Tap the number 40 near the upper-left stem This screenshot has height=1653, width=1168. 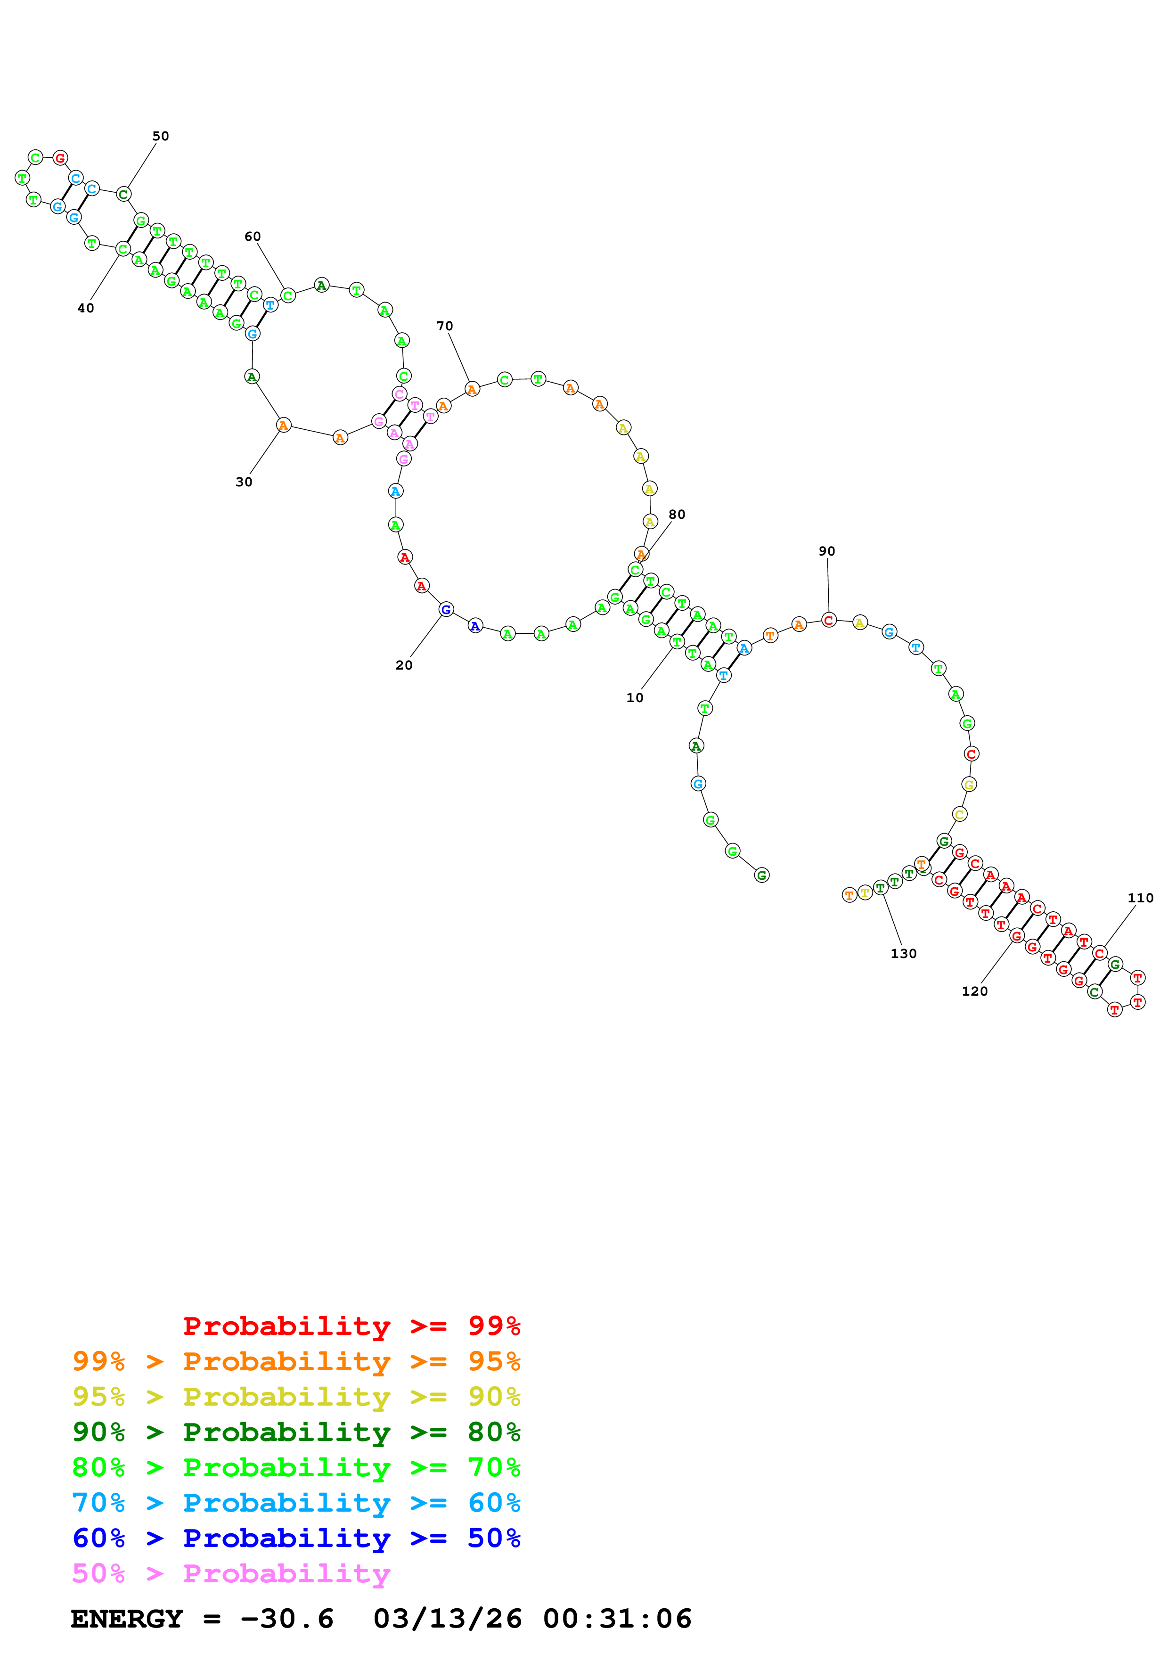86,308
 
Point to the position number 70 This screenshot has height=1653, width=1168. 445,326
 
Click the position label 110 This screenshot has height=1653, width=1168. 1140,898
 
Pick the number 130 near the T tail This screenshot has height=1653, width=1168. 903,953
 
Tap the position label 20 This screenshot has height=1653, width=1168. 404,665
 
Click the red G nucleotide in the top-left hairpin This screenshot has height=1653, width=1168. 60,158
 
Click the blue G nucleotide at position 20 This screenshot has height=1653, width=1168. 446,610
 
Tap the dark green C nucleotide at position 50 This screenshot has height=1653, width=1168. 124,195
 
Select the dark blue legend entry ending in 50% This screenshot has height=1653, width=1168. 296,1538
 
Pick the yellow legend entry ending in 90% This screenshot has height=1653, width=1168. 296,1397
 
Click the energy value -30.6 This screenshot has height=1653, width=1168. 287,1619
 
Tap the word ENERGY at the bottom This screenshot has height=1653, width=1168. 127,1619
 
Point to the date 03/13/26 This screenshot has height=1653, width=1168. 448,1619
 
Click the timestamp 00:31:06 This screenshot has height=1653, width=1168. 617,1619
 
